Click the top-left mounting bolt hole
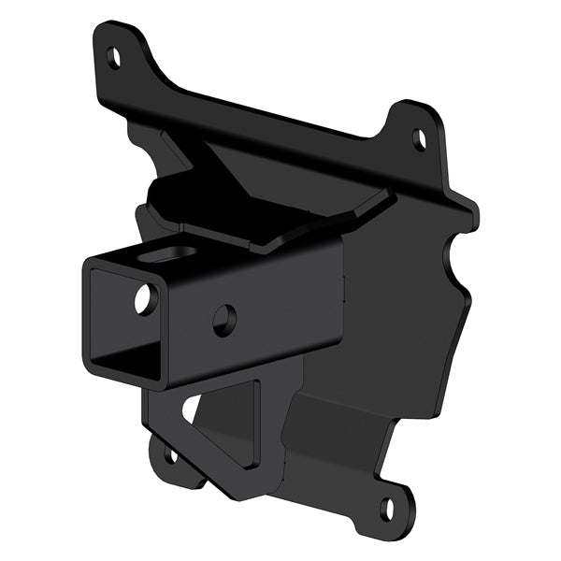[114, 57]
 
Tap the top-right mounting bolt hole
[420, 140]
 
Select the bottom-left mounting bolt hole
[170, 457]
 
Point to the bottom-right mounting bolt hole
[387, 510]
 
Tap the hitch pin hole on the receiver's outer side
[224, 320]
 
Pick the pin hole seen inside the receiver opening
[145, 299]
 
